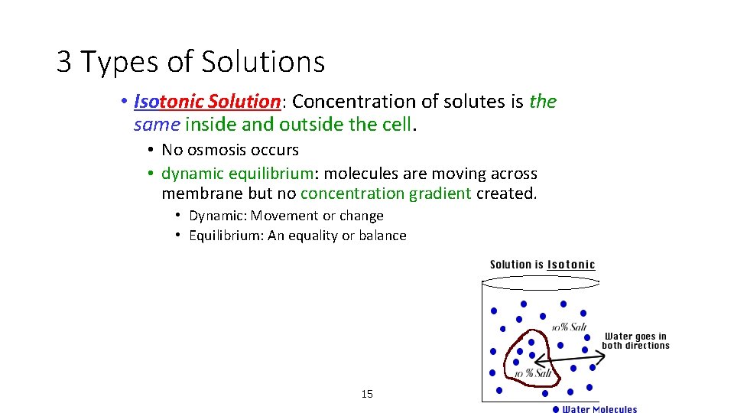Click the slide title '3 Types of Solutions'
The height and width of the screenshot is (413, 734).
(190, 62)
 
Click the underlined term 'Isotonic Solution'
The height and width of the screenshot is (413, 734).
(207, 101)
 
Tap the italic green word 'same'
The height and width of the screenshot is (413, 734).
(157, 124)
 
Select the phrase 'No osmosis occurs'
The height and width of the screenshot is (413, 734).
(230, 150)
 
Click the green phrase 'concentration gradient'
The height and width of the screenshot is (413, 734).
(385, 193)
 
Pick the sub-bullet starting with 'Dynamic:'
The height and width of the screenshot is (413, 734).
(286, 216)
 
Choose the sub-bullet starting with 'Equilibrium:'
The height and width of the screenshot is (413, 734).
(297, 236)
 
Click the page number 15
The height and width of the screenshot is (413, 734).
(367, 394)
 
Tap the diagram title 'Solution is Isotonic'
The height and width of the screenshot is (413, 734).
(542, 265)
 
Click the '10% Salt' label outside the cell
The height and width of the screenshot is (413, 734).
(570, 327)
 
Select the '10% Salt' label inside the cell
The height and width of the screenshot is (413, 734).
(533, 373)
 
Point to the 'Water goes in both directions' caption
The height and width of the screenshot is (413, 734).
(635, 340)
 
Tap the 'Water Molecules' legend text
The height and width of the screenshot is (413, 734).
(599, 409)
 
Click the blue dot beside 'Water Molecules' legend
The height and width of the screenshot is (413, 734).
(556, 409)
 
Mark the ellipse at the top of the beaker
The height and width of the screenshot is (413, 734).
(539, 282)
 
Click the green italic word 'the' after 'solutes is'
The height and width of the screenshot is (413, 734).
(543, 101)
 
